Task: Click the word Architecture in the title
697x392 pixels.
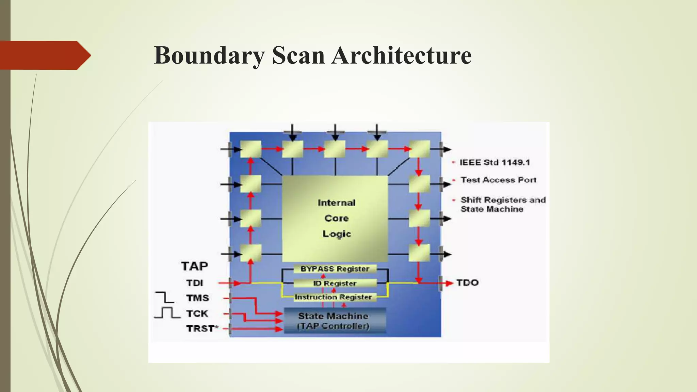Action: tap(402, 55)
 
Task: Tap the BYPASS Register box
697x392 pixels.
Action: tap(335, 269)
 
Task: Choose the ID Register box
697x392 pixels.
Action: tap(335, 283)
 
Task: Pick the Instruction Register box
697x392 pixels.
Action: tap(334, 297)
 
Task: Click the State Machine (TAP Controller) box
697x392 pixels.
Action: tap(334, 321)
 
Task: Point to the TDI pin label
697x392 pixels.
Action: tap(195, 283)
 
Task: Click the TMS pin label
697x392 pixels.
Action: tap(197, 298)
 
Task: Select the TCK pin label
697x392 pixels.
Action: tap(197, 313)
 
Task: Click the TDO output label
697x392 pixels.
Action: tap(468, 282)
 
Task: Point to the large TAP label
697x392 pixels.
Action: tap(194, 266)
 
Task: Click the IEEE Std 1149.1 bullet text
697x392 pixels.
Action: tap(495, 162)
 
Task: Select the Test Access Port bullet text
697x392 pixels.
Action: tap(498, 180)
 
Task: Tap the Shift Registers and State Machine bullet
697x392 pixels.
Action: tap(503, 205)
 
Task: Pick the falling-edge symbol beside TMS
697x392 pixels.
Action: tap(165, 297)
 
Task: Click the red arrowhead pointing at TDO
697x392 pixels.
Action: tap(450, 283)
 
